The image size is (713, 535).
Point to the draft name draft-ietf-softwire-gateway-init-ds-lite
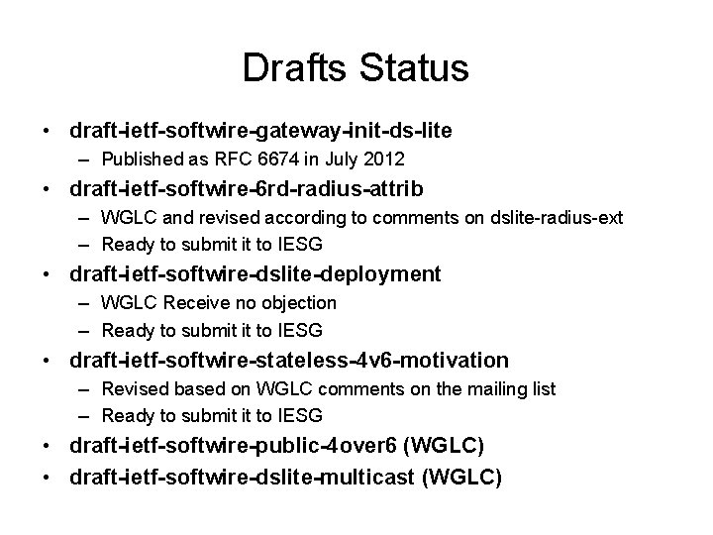tap(261, 131)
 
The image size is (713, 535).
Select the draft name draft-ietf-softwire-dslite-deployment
tap(255, 273)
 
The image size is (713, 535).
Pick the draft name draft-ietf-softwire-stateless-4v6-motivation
tap(288, 359)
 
